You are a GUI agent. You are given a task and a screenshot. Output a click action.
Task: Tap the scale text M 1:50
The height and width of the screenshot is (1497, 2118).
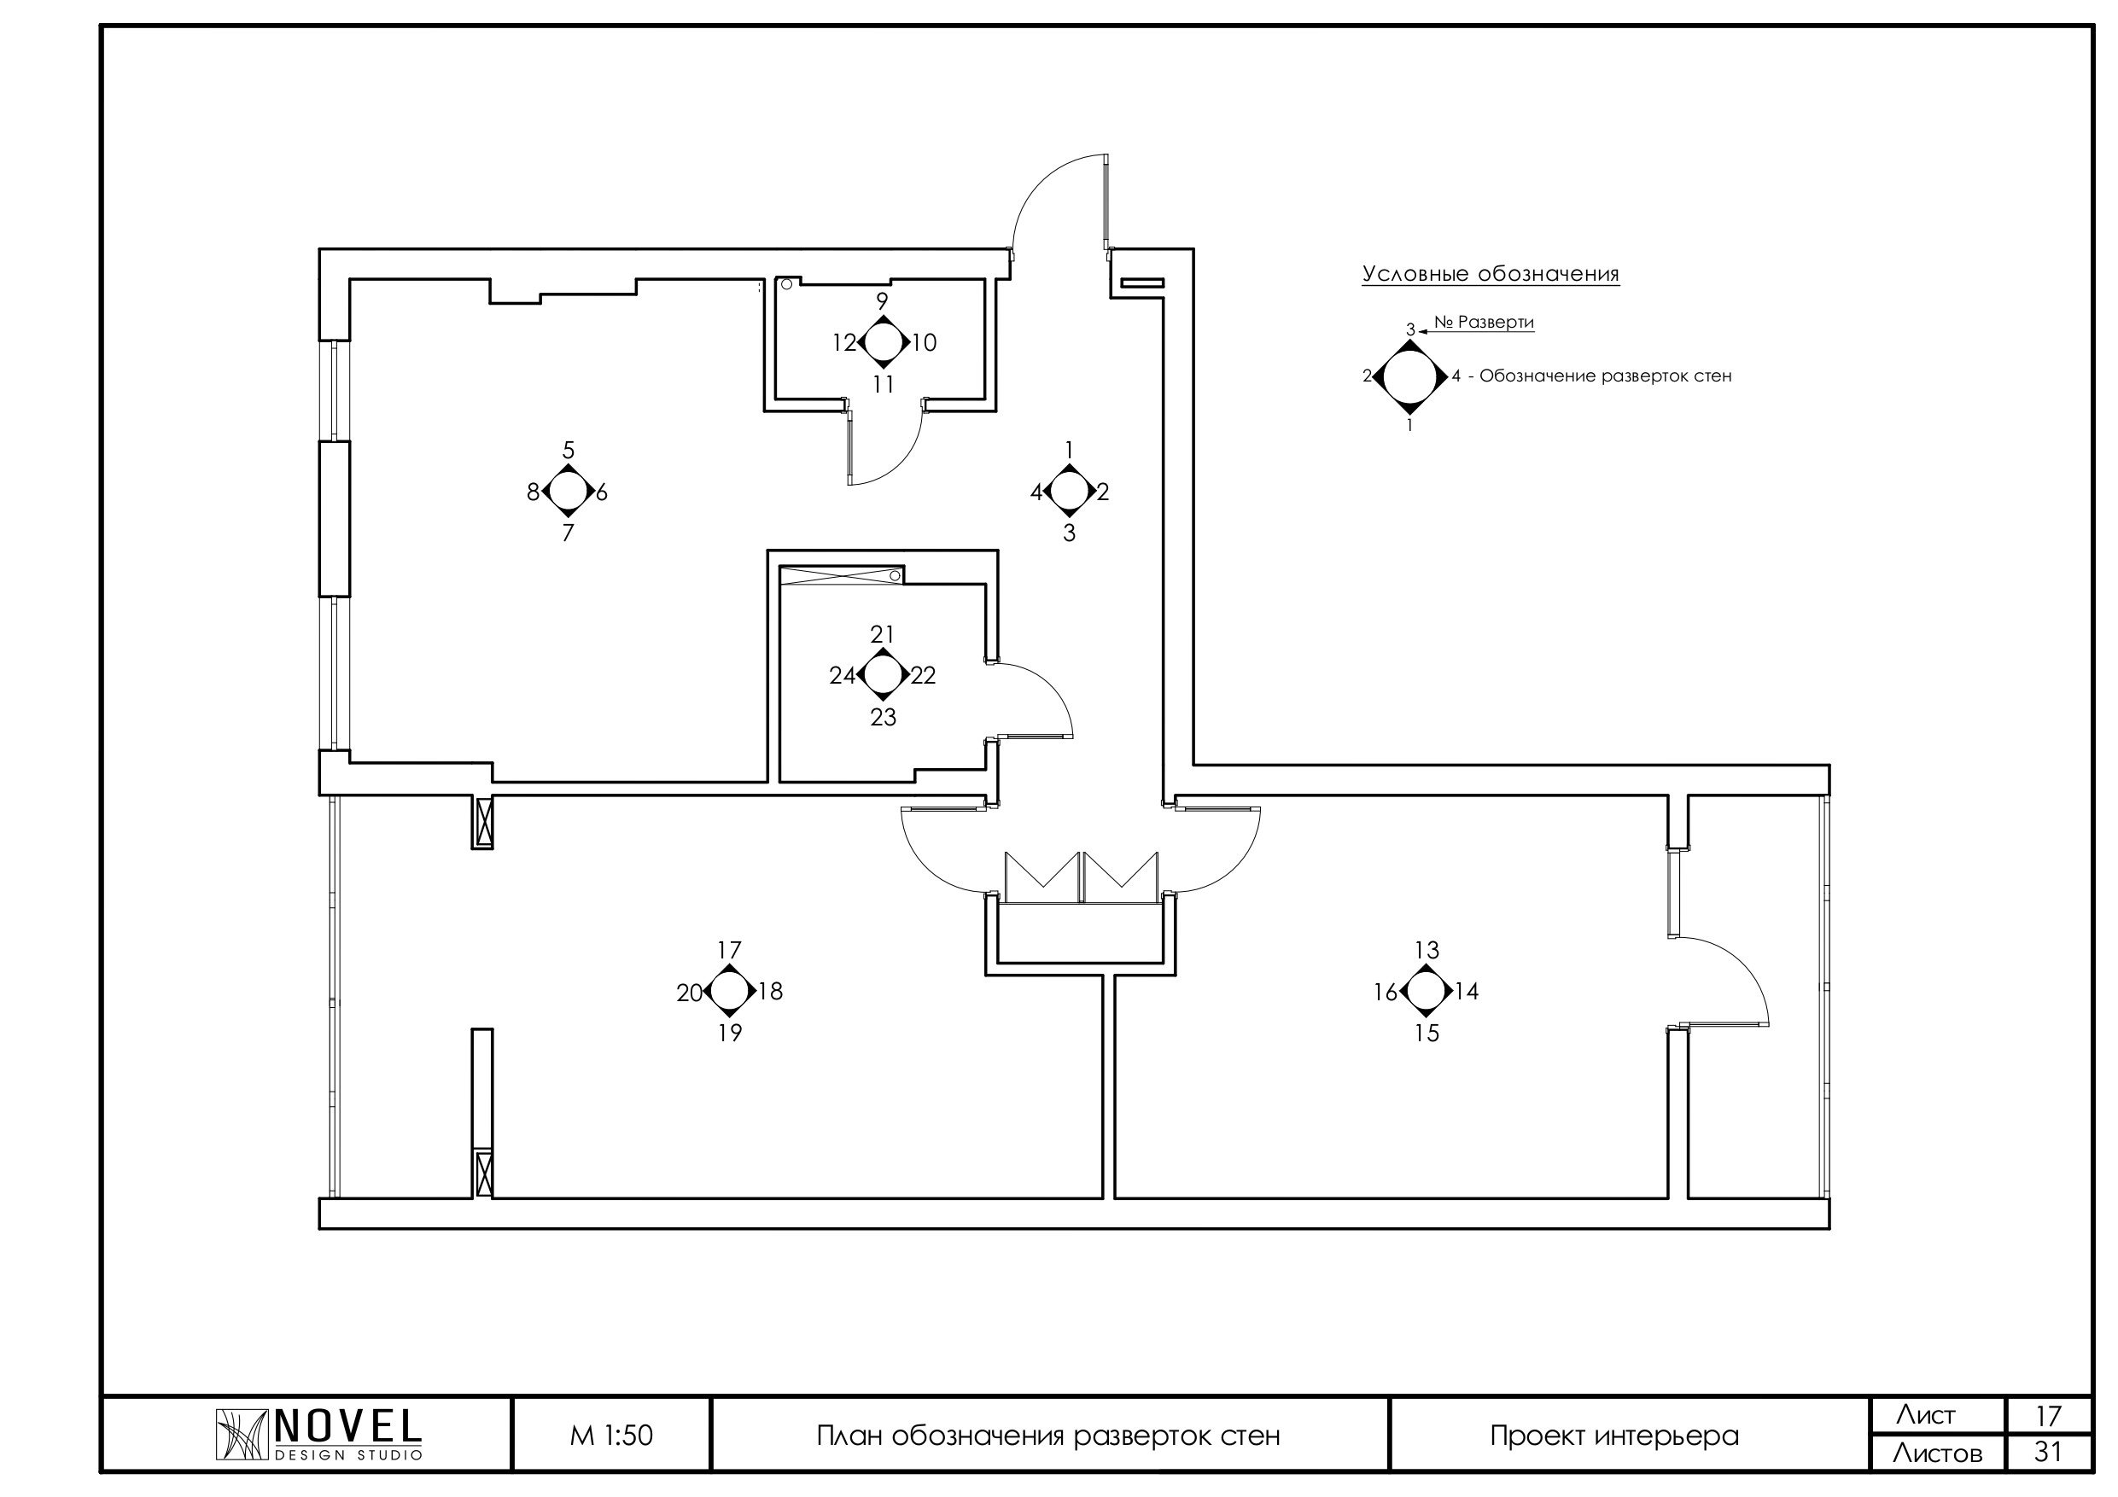pos(611,1436)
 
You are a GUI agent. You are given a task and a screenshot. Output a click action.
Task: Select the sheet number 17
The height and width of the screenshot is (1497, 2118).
pos(2048,1416)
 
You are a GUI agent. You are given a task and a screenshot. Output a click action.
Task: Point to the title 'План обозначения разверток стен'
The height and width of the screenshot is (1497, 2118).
pos(1048,1436)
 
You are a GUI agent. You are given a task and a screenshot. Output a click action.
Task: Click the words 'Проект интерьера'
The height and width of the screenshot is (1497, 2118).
pos(1613,1436)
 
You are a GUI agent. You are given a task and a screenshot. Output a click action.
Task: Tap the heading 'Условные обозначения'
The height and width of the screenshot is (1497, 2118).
pos(1490,274)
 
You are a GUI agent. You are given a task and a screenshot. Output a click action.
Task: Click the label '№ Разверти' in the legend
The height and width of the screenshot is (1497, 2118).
pos(1484,322)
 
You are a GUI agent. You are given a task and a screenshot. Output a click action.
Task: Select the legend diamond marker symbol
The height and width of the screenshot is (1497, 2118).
pos(1409,376)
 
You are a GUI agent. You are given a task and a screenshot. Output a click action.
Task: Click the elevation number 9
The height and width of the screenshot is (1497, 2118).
pos(882,300)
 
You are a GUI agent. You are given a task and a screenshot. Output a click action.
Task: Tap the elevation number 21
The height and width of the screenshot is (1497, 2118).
pos(882,633)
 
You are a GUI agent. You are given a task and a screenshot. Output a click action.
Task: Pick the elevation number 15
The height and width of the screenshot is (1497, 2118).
pos(1427,1033)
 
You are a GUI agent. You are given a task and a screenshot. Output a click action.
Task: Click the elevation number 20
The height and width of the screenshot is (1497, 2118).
pos(689,993)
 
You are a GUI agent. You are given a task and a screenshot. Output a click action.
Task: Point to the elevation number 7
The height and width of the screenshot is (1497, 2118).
pos(569,533)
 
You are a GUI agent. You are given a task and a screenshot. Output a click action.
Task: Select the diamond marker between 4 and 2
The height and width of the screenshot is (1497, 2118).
pos(1069,492)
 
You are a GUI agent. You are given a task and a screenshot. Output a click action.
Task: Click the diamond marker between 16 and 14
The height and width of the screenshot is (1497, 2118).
pos(1427,992)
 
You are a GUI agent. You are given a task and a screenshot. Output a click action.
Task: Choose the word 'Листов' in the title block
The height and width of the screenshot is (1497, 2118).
pos(1936,1453)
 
